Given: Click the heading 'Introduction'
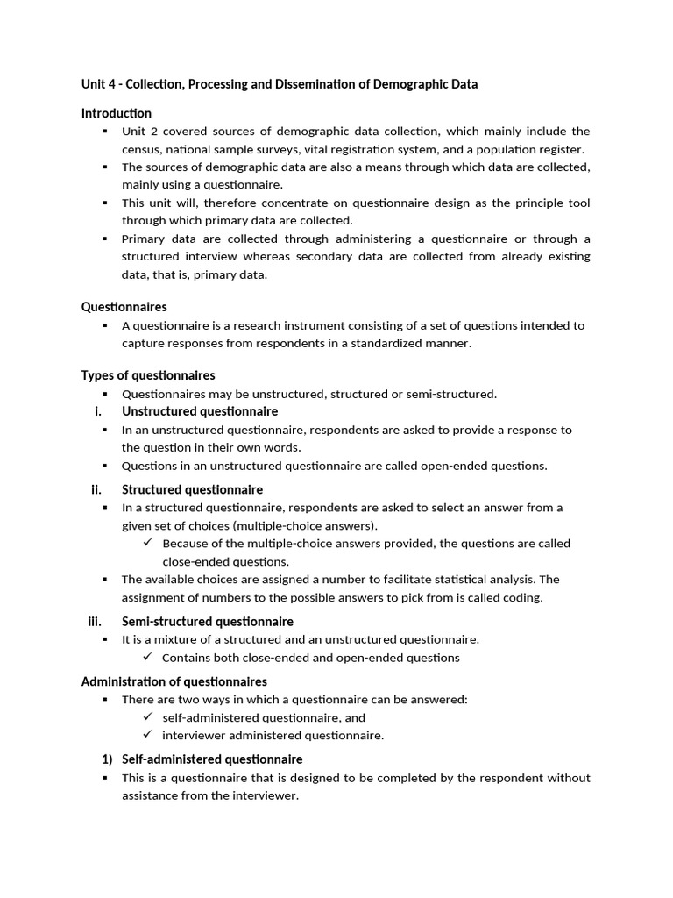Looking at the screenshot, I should pyautogui.click(x=116, y=113).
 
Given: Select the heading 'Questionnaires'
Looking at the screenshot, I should pyautogui.click(x=124, y=307).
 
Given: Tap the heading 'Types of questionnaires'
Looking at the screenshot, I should pyautogui.click(x=147, y=375).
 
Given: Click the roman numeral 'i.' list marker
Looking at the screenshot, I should pyautogui.click(x=98, y=411).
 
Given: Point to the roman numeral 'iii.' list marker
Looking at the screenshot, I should pyautogui.click(x=95, y=622).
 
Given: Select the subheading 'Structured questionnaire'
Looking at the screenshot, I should pyautogui.click(x=192, y=489).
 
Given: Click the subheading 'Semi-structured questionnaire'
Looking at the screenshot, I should pyautogui.click(x=207, y=622).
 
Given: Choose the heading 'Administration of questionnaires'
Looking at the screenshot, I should pyautogui.click(x=174, y=681).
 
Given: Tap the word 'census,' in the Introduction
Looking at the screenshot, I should pyautogui.click(x=143, y=150).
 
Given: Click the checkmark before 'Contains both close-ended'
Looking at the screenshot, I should pyautogui.click(x=148, y=658).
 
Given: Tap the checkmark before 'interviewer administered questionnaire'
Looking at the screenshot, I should pyautogui.click(x=148, y=735).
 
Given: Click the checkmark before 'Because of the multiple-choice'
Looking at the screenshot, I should pyautogui.click(x=148, y=544).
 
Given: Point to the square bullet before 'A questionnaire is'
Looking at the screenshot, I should pyautogui.click(x=104, y=325).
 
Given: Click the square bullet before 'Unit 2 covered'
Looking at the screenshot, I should pyautogui.click(x=104, y=132).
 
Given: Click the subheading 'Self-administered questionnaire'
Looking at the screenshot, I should pyautogui.click(x=212, y=759).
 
